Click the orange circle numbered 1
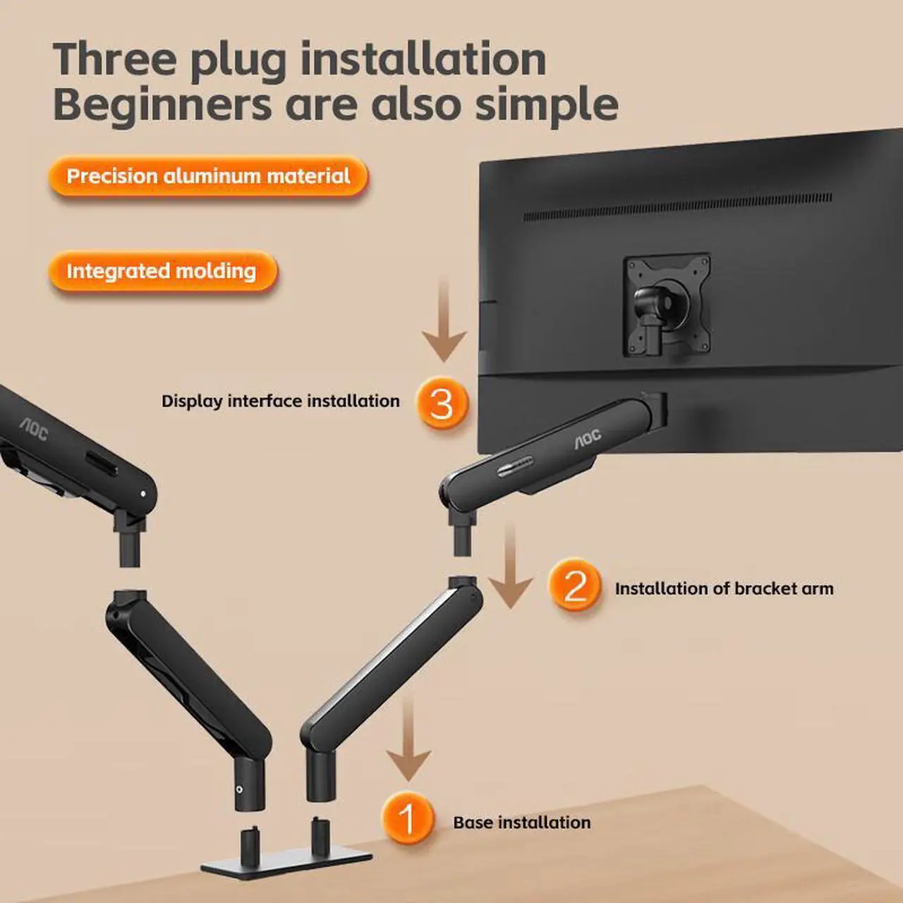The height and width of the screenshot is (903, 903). coord(407,819)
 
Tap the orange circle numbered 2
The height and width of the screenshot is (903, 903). coord(575,585)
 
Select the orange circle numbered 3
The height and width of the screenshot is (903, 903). coord(442,403)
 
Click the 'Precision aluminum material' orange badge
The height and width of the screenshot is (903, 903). coord(208,176)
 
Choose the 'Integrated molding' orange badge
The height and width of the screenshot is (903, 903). coord(162,271)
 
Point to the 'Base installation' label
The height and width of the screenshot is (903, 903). coord(521,823)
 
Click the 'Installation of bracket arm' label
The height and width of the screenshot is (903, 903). coord(724,588)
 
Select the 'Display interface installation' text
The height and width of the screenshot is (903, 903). coord(280,401)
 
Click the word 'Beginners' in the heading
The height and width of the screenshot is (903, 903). coord(162,104)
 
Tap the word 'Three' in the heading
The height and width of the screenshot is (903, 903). coord(114,59)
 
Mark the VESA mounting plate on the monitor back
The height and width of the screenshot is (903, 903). coord(667,305)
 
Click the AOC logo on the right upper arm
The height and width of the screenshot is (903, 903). coord(588,438)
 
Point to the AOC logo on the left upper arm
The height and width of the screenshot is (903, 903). coord(33,428)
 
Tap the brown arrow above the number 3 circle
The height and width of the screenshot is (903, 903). coord(444,321)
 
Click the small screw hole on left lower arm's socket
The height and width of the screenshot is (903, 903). coord(240,789)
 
